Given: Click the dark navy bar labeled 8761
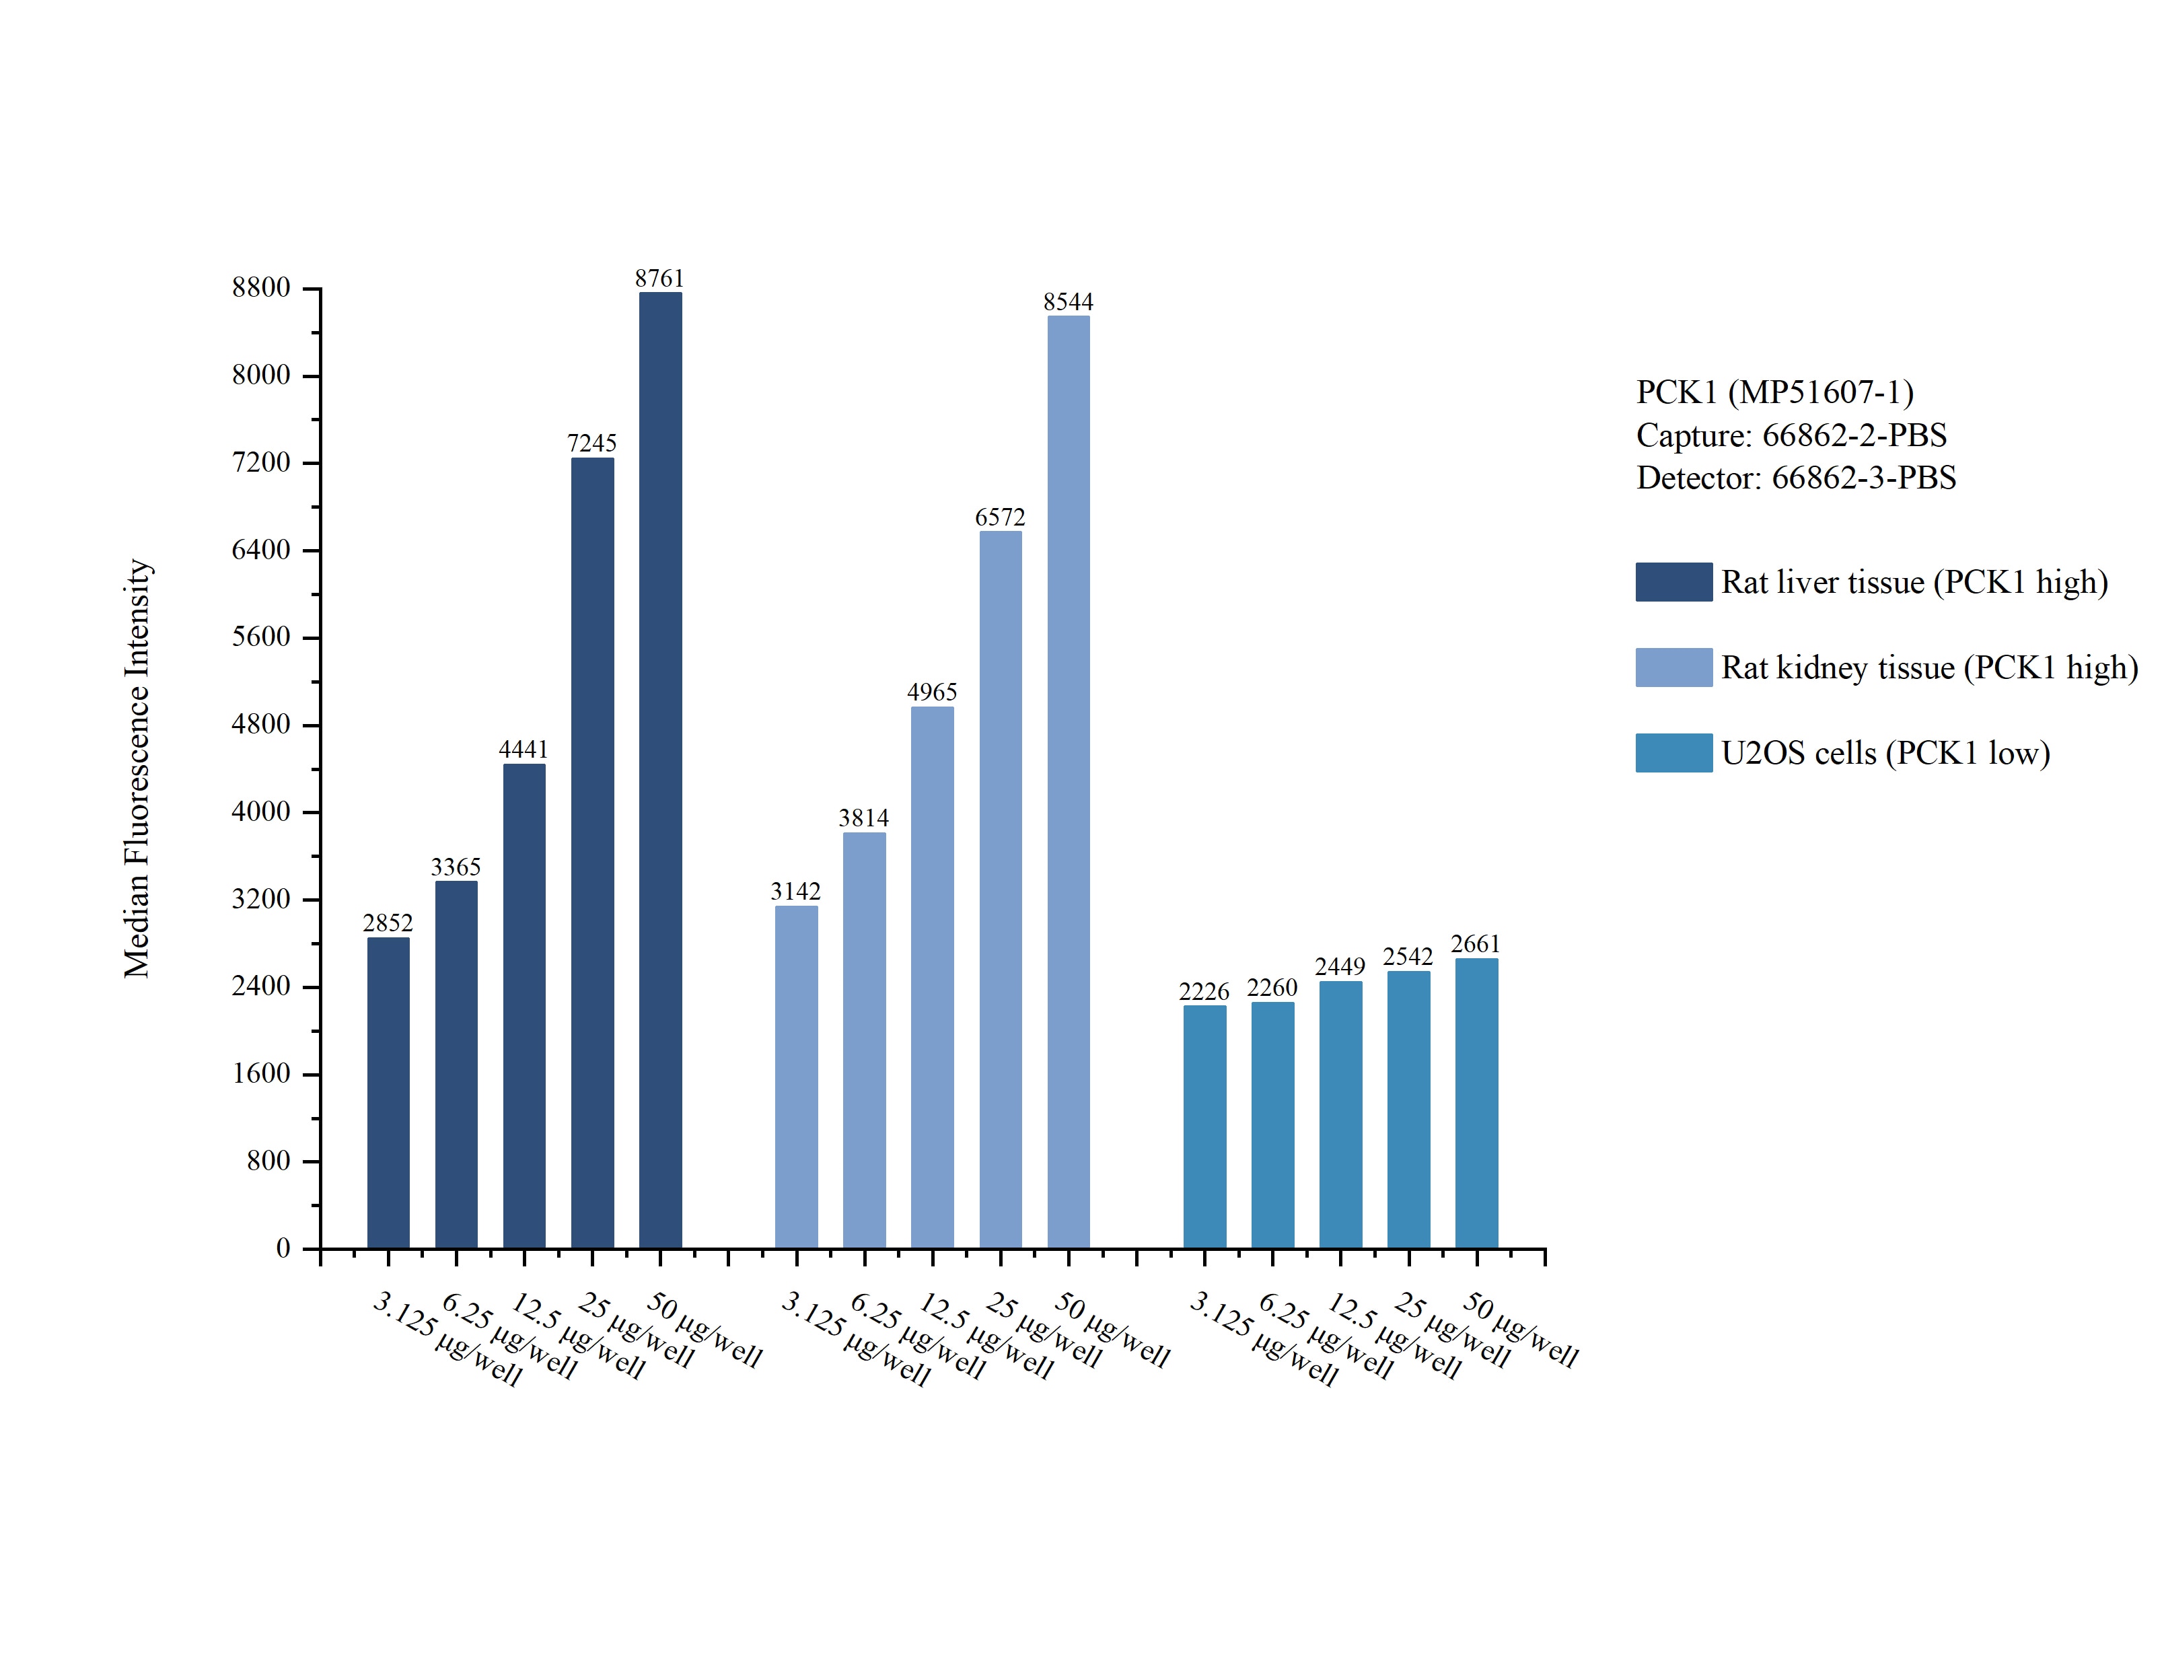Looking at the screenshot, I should [x=659, y=769].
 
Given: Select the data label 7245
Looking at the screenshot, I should [x=591, y=443].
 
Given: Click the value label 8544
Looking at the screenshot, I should [x=1068, y=301].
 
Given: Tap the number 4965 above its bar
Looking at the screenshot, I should [x=931, y=692].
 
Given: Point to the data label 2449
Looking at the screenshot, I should [x=1340, y=967].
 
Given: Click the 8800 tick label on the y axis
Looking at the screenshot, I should [x=261, y=288].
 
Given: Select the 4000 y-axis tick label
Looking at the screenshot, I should [x=261, y=812].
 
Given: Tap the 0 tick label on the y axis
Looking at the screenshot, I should [x=283, y=1248].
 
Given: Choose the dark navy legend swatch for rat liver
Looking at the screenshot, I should [x=1673, y=581].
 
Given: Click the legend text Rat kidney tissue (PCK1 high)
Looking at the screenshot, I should [x=1928, y=668].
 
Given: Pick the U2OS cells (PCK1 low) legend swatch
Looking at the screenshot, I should [x=1673, y=752].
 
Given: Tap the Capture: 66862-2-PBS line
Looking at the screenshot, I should [x=1791, y=435].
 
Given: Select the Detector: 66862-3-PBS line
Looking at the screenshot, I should [x=1795, y=478].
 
